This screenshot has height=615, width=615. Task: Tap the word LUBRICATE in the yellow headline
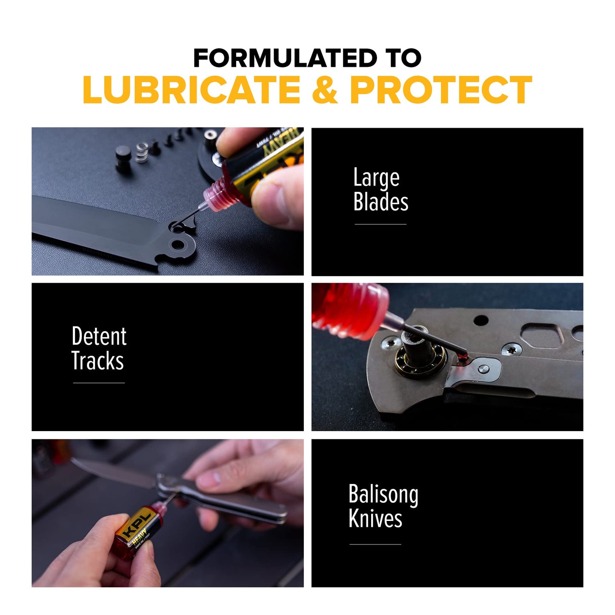(192, 90)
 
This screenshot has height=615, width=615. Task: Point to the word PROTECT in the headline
(441, 90)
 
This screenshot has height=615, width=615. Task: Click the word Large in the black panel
(376, 178)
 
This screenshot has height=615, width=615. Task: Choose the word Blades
(380, 202)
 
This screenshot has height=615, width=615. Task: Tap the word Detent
(99, 336)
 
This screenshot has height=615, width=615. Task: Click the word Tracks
(97, 361)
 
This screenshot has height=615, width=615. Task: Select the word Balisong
(383, 495)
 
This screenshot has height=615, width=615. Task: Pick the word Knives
(375, 519)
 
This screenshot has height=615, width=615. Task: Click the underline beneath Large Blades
(380, 224)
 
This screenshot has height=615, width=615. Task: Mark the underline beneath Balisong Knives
(375, 544)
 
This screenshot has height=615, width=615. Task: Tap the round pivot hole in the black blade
(178, 245)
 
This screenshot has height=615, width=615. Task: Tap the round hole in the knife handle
(481, 320)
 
